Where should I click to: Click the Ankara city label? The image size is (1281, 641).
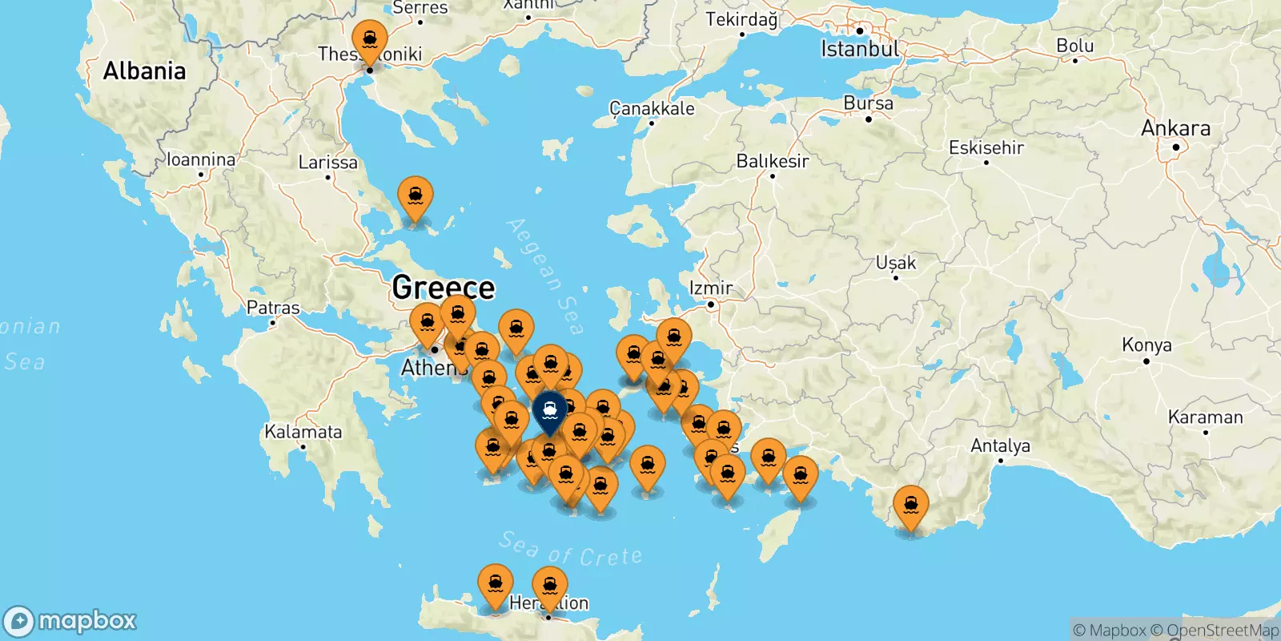pos(1175,128)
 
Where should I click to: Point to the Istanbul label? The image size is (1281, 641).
pos(859,49)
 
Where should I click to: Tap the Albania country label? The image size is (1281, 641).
pos(144,71)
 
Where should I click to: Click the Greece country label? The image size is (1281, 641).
pos(444,287)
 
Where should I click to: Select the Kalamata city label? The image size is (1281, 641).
pos(303,432)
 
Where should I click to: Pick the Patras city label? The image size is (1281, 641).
pos(273,308)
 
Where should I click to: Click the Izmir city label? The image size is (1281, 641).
pos(711,288)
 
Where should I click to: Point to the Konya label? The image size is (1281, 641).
pos(1146,345)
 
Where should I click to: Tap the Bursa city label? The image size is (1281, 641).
pos(868,103)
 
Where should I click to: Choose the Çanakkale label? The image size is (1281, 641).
pos(652,109)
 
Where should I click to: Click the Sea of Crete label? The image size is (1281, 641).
pos(570,550)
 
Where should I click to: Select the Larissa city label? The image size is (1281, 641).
pos(327,163)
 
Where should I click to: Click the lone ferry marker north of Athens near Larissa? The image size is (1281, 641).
pos(416,198)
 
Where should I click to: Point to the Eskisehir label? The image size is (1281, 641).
pos(986,147)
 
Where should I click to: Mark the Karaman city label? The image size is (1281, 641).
pos(1205,417)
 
